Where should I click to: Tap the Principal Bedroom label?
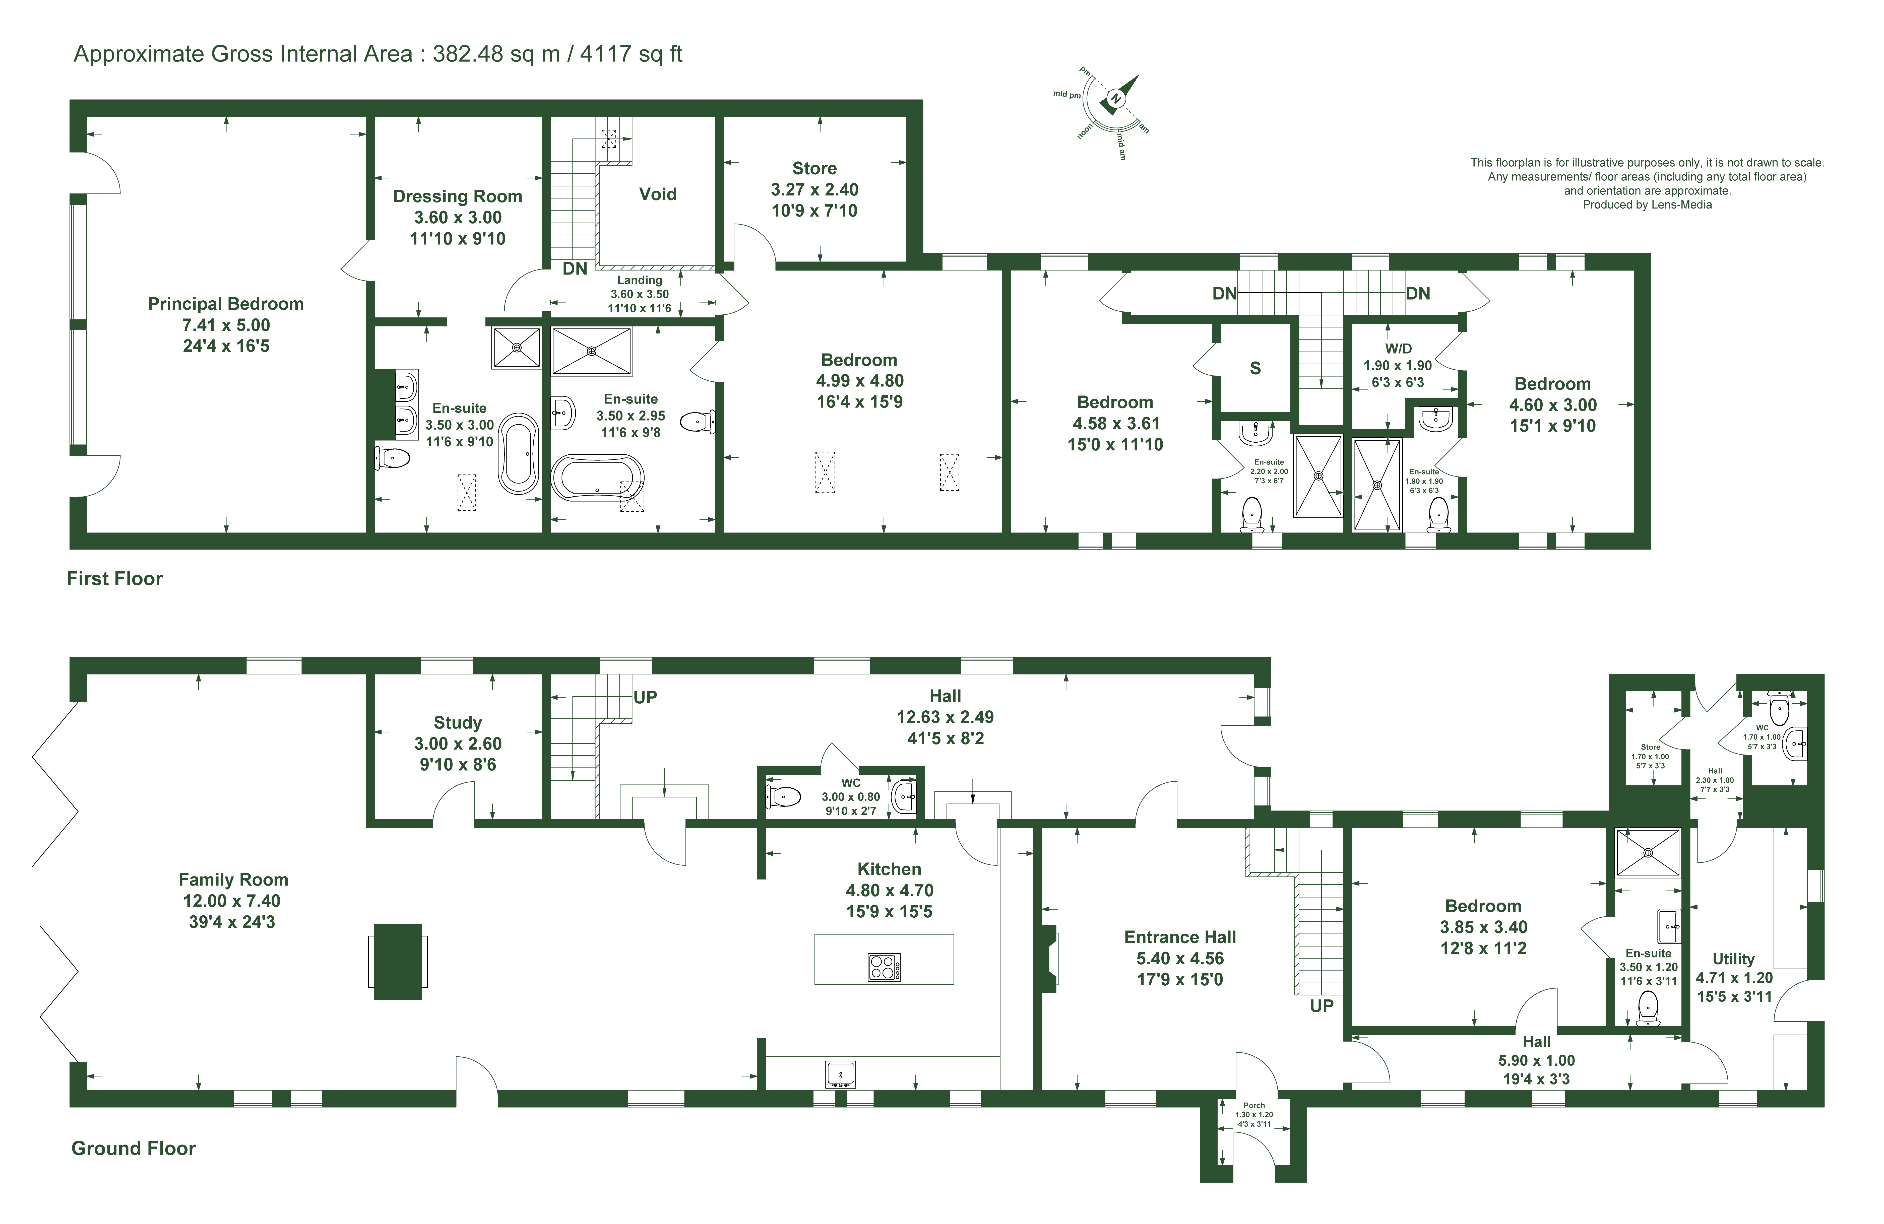click(x=226, y=304)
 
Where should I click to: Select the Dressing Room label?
click(x=458, y=196)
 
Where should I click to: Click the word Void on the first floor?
click(x=658, y=194)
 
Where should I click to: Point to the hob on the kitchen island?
click(x=884, y=967)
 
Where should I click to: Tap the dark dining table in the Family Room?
click(x=397, y=961)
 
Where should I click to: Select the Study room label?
click(x=458, y=722)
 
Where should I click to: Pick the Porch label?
click(x=1254, y=1105)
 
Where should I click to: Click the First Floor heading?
click(x=115, y=578)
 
